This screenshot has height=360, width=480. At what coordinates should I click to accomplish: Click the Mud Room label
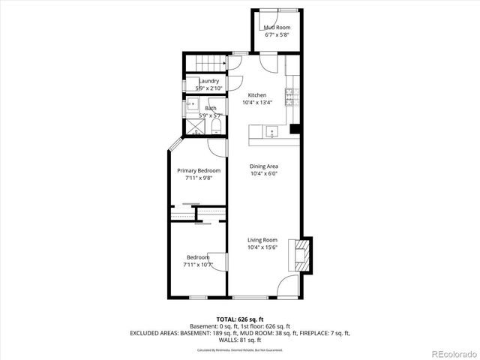pos(276,28)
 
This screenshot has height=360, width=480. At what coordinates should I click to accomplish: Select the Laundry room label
pos(208,81)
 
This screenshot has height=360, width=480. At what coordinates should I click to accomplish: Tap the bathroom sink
pos(191,106)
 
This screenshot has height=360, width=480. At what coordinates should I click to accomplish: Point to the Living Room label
pos(262,240)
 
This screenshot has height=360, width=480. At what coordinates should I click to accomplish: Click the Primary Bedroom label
pos(199,171)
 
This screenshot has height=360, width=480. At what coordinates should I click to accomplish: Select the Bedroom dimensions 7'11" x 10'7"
pos(198,265)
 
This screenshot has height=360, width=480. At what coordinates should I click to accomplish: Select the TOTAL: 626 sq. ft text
pos(240,319)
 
